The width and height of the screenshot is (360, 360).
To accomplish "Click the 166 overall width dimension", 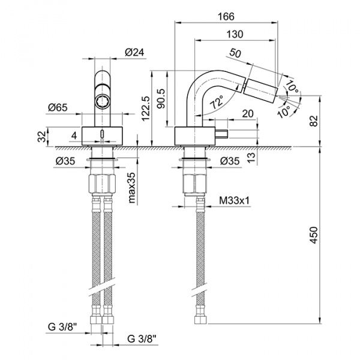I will [227, 17].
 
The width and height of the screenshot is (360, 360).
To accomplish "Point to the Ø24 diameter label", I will [134, 52].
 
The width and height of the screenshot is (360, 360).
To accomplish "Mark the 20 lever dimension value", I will [247, 113].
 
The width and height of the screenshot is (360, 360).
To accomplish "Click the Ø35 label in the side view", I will [230, 161].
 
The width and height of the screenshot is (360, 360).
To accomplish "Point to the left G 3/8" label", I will [62, 327].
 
